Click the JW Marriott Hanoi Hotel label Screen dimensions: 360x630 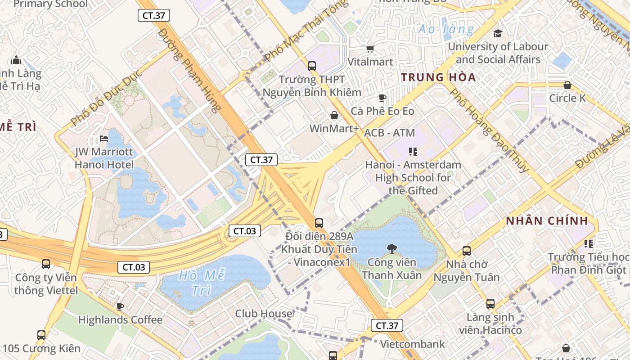(x=104, y=158)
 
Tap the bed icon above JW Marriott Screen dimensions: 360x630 (x=104, y=139)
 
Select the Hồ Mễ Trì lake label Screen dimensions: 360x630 (x=202, y=283)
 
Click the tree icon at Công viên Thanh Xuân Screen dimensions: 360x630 (x=392, y=248)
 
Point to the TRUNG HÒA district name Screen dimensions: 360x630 (x=438, y=77)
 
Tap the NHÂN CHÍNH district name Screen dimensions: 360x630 (x=547, y=220)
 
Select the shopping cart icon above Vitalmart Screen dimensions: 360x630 (x=370, y=49)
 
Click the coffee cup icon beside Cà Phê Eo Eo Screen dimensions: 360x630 (x=382, y=98)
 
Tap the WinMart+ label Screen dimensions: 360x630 (x=334, y=129)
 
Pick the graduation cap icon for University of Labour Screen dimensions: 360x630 (x=498, y=33)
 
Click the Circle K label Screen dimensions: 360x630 (x=567, y=98)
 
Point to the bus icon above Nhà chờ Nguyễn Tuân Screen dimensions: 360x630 (x=467, y=251)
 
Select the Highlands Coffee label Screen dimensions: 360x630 (x=120, y=320)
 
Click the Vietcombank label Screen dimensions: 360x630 (x=412, y=344)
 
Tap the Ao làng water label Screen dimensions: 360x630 (x=445, y=30)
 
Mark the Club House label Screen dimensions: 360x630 (x=264, y=313)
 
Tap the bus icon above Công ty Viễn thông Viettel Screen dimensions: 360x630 (x=46, y=264)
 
